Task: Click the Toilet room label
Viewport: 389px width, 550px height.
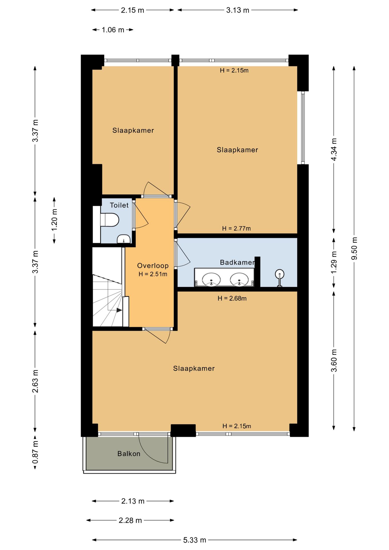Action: (x=119, y=205)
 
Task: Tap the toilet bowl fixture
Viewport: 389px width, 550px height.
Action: (x=109, y=220)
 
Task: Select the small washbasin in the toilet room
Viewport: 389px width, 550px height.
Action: (x=123, y=239)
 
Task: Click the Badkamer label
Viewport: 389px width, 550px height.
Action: (x=237, y=262)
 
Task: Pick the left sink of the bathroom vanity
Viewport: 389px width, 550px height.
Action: (x=211, y=279)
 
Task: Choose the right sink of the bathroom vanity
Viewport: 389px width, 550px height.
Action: (x=239, y=279)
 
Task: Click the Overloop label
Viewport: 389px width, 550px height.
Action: (x=153, y=266)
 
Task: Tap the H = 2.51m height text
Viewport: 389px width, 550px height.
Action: (x=153, y=274)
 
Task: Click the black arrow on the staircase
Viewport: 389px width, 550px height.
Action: (x=119, y=310)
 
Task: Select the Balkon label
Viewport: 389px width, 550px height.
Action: (x=129, y=453)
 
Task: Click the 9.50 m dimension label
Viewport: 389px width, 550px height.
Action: (x=354, y=248)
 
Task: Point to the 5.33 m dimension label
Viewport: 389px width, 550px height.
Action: (x=195, y=540)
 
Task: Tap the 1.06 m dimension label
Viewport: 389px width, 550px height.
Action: (x=113, y=30)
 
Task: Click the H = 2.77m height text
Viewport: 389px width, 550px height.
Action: (x=236, y=228)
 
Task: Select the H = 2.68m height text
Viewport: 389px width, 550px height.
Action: (x=232, y=298)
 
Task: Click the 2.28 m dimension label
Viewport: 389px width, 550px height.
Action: (x=130, y=520)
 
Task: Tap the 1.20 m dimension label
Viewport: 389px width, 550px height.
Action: (x=54, y=220)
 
